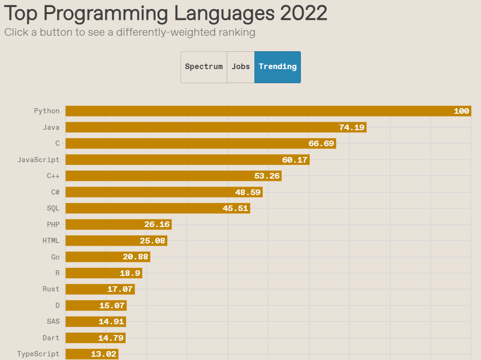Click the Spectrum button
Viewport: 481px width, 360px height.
pos(204,67)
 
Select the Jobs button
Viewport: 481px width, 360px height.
pos(241,67)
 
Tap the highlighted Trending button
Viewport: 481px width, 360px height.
pos(277,67)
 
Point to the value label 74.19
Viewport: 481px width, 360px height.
pos(352,127)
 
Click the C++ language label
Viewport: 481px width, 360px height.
pos(53,176)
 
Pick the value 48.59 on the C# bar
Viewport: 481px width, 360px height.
pos(247,192)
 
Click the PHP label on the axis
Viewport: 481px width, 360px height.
pos(53,225)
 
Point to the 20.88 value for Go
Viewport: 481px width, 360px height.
pos(135,257)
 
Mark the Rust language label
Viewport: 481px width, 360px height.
pos(51,289)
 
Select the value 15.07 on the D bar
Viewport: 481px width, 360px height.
pos(112,305)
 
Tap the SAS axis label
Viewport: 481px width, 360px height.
pos(53,321)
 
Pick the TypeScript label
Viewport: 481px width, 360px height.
pos(39,354)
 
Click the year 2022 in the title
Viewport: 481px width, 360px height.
pos(303,13)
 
